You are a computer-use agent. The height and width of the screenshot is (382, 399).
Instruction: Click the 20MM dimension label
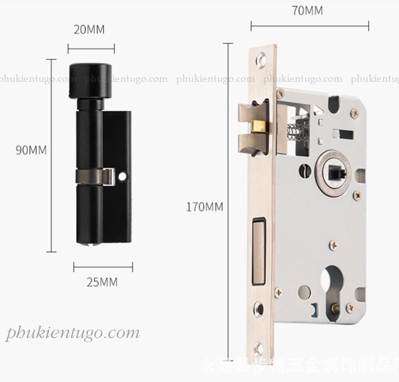click(x=89, y=29)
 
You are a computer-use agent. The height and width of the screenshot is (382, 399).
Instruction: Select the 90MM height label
click(x=30, y=150)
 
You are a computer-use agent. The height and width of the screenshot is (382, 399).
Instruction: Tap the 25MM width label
click(x=102, y=282)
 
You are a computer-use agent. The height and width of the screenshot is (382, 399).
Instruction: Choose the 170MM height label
click(x=204, y=206)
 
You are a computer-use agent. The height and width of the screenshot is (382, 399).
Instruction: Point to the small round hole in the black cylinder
click(x=123, y=176)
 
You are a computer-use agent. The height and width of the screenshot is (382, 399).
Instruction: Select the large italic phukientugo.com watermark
click(x=73, y=333)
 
